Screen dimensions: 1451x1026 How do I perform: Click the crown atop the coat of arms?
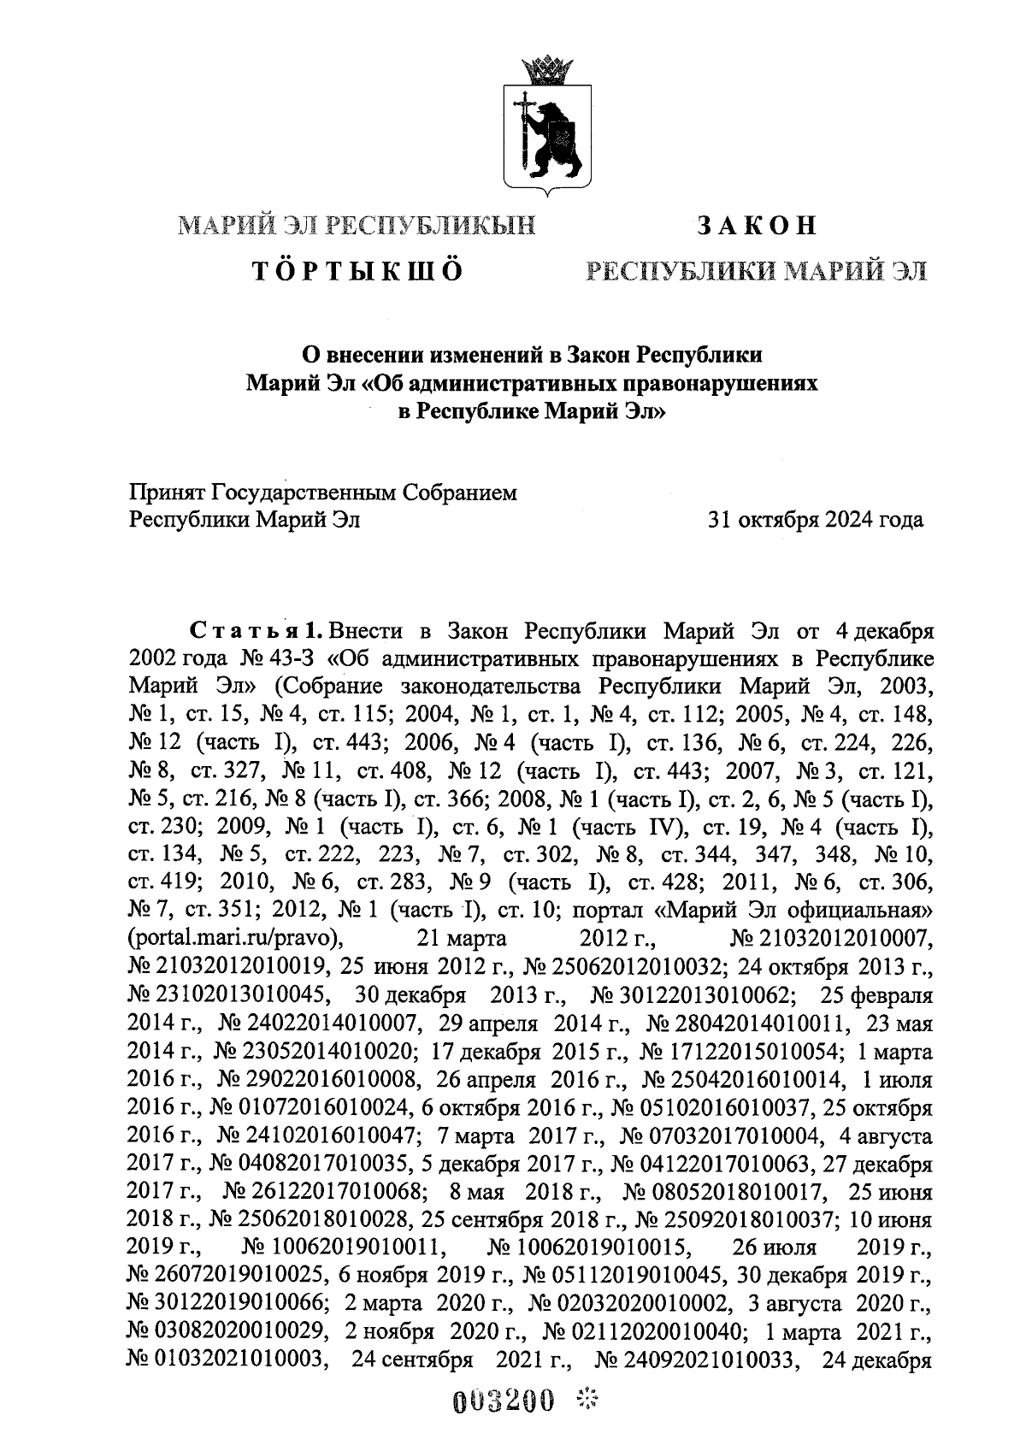pos(539,69)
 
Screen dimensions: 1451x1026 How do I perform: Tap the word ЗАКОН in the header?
pos(757,225)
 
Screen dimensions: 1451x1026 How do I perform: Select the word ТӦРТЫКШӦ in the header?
pos(357,271)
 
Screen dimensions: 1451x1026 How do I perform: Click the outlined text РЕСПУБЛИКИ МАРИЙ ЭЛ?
pos(756,271)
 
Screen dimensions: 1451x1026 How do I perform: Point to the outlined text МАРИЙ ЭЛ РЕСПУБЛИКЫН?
pos(357,225)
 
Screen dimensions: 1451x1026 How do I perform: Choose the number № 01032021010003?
pos(227,1359)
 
